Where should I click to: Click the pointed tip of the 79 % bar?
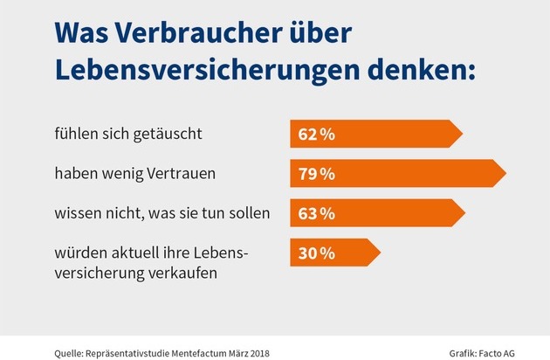click(504, 173)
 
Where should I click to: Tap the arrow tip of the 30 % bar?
click(379, 253)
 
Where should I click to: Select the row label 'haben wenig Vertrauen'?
click(123, 173)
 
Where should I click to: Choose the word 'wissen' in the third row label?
click(74, 211)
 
